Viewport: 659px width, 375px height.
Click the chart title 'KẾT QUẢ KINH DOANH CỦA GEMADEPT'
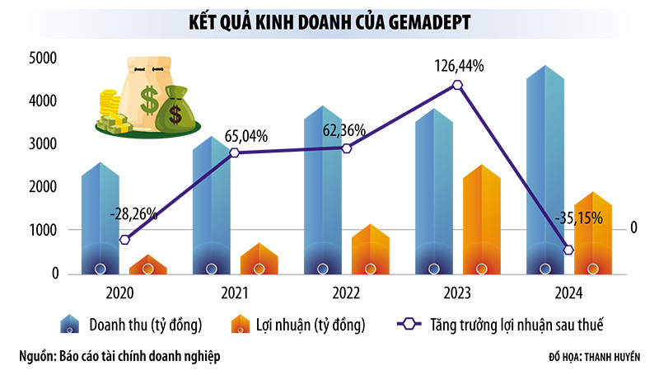(x=329, y=21)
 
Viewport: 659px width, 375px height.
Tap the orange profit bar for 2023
(x=482, y=223)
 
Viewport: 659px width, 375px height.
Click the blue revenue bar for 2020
(x=100, y=218)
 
